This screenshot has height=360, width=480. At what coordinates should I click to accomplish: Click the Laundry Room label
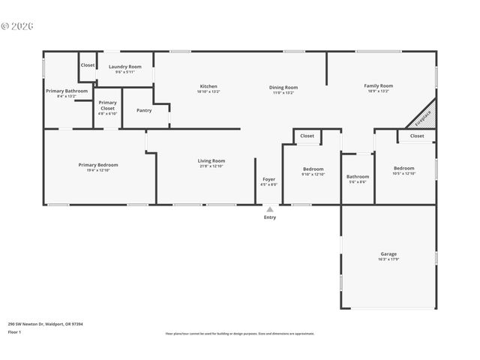point(124,67)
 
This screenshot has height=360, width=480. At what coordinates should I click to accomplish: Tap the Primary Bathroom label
point(67,91)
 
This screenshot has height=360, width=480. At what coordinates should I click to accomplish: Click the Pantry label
point(144,110)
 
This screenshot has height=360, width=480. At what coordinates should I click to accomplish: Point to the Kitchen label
point(208,86)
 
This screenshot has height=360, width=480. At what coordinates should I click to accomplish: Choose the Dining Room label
point(283,88)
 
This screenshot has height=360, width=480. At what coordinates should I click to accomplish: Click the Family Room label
point(379,86)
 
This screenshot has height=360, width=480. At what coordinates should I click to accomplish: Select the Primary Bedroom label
point(98,165)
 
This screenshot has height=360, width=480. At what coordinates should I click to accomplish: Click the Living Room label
point(211,160)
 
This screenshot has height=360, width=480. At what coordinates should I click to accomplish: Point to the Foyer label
point(268,179)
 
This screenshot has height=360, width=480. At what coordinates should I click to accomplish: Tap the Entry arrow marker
point(269,209)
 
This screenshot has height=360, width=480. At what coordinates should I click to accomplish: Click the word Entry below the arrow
point(269,217)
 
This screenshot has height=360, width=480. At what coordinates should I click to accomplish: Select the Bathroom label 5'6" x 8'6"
point(357,177)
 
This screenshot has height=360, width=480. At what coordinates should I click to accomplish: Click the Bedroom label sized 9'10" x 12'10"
point(313,169)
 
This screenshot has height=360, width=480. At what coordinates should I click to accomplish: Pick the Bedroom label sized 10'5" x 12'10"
point(403,169)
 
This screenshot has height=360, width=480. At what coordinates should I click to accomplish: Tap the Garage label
point(388,254)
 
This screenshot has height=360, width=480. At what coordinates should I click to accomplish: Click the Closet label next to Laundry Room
point(88,65)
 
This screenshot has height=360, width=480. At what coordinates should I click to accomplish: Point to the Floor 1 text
point(14,331)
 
